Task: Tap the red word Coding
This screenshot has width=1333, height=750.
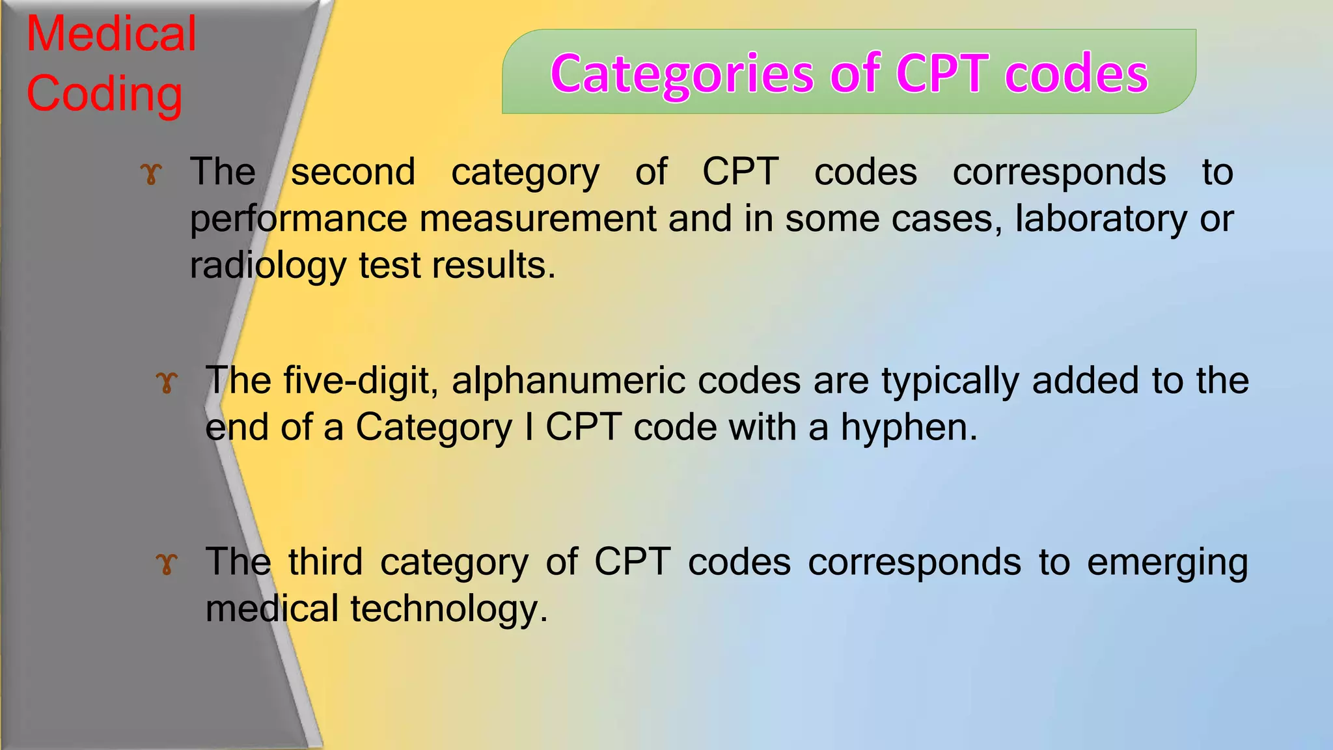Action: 104,94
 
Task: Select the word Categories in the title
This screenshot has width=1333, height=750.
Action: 682,74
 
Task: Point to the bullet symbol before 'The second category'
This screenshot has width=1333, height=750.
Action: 150,174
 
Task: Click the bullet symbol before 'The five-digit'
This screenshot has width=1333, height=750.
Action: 167,382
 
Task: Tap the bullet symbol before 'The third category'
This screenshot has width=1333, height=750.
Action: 167,563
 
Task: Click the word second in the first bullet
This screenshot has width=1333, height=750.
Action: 353,173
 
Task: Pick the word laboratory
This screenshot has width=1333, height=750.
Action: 1101,219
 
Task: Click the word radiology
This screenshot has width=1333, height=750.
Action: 268,266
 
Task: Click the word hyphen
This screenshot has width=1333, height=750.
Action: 909,428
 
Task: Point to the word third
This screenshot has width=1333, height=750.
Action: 325,561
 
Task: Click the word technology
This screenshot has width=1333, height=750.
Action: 448,609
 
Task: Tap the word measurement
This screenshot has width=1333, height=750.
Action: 538,219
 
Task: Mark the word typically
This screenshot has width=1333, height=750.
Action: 950,382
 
